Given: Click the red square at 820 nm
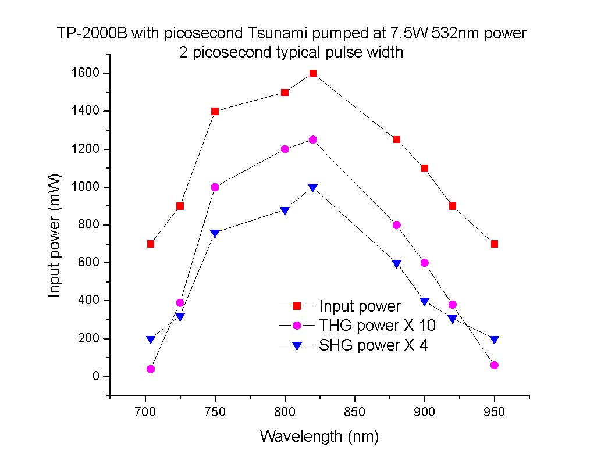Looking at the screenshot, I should coord(313,73).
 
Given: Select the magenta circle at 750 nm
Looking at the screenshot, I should coord(215,187).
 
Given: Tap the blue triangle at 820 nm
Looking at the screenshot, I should coord(313,188).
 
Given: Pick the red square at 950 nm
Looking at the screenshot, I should coord(495,244).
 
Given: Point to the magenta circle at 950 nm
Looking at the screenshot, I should coord(495,365).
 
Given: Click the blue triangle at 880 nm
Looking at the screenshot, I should coord(397,263).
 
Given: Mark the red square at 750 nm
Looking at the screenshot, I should coord(215,111).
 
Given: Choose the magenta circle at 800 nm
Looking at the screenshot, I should coord(285,149).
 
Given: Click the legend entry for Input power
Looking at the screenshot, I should coord(360,306).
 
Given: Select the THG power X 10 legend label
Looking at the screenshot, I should coord(377,326).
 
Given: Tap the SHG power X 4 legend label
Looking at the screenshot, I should coord(373,345).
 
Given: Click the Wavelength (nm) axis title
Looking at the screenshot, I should coord(319,436).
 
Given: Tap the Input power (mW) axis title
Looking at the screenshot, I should coord(55,234).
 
